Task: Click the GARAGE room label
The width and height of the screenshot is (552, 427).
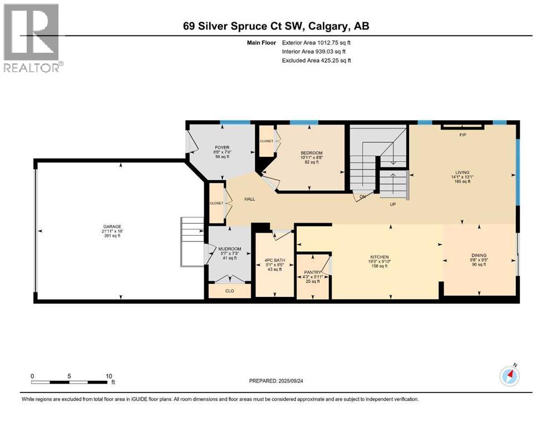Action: tap(111, 226)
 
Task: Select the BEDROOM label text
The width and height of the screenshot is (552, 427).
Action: tap(311, 153)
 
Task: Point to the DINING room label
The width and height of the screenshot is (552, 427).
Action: tap(479, 255)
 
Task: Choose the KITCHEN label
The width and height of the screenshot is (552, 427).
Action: tap(380, 257)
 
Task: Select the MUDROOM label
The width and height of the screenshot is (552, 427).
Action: tap(225, 248)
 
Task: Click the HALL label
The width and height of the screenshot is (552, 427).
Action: tap(250, 198)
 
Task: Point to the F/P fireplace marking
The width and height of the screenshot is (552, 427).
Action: tap(462, 135)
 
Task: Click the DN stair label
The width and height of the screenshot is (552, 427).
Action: tap(362, 196)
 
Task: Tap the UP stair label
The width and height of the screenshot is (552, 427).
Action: tap(392, 204)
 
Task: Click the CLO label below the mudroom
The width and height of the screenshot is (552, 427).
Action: tap(228, 290)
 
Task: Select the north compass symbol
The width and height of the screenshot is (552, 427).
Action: tap(509, 376)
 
